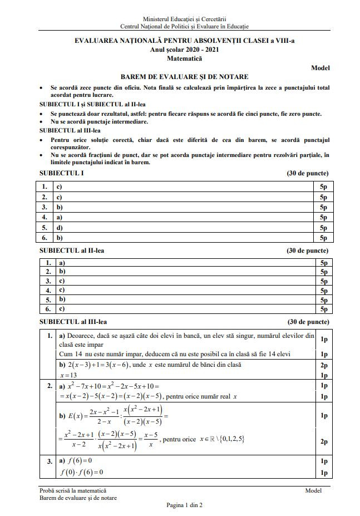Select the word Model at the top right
(320, 68)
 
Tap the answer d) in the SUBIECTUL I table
(60, 227)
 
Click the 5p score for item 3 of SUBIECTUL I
(323, 207)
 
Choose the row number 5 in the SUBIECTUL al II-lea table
(48, 299)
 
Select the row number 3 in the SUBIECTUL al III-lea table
(50, 461)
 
